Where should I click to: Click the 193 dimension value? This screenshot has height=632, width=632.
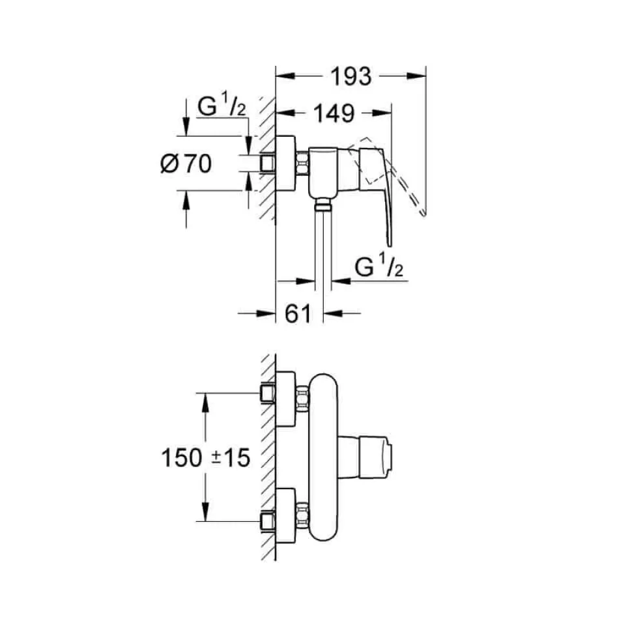click(x=351, y=77)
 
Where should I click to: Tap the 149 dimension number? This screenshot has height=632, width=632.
click(x=334, y=113)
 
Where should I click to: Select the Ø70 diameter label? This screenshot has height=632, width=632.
click(x=186, y=164)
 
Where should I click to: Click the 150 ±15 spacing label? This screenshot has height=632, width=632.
click(x=205, y=458)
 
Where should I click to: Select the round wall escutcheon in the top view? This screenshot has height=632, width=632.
click(x=286, y=164)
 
